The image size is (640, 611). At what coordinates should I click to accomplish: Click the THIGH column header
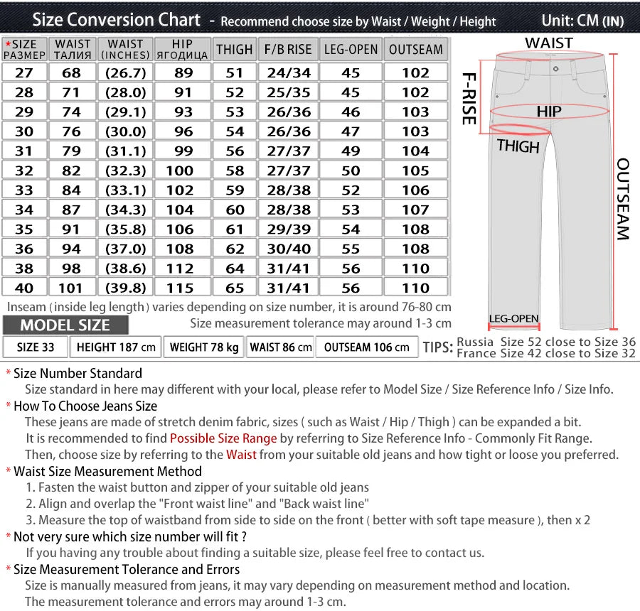[x=234, y=50]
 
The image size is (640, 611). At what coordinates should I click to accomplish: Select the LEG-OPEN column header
[x=351, y=50]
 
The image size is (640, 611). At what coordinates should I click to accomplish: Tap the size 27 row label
[x=24, y=72]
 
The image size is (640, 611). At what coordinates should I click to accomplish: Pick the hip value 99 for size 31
[x=183, y=151]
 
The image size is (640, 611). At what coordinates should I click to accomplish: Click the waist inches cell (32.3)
[x=125, y=171]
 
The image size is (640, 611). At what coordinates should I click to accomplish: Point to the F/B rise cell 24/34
[x=288, y=72]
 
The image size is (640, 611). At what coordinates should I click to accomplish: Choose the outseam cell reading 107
[x=416, y=210]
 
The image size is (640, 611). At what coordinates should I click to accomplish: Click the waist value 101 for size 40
[x=73, y=288]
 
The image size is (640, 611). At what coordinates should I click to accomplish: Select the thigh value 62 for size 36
[x=235, y=249]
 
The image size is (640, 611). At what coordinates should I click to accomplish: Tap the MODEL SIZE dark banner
[x=65, y=325]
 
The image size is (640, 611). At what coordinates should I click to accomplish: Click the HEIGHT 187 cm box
[x=116, y=347]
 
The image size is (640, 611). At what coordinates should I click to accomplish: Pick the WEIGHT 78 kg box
[x=204, y=347]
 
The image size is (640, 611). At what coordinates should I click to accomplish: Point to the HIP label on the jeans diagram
[x=548, y=112]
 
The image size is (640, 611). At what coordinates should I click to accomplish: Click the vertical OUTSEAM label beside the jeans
[x=622, y=199]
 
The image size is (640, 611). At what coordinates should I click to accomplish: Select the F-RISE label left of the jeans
[x=469, y=98]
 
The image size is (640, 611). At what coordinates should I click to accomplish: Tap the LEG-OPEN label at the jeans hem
[x=513, y=318]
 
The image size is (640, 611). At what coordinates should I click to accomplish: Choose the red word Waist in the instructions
[x=241, y=455]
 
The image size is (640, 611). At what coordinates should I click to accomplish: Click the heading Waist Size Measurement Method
[x=107, y=471]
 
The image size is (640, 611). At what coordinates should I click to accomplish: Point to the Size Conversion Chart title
[x=117, y=20]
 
